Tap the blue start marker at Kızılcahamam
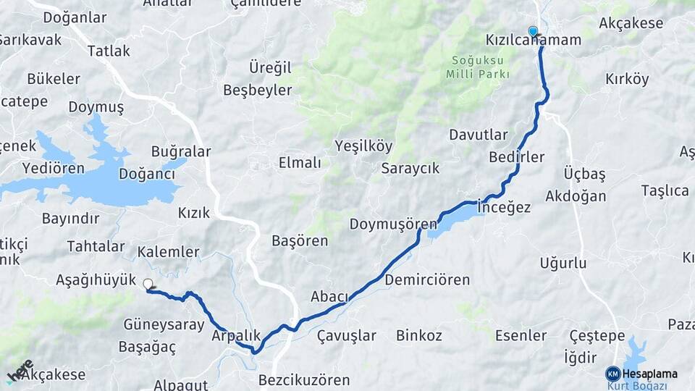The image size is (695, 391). pyautogui.click(x=533, y=31)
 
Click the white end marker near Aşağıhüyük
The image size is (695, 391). pyautogui.click(x=148, y=285)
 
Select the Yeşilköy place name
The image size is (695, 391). pyautogui.click(x=363, y=146)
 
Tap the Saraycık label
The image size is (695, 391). pyautogui.click(x=410, y=168)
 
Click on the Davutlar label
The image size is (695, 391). pyautogui.click(x=479, y=135)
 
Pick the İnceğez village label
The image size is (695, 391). pyautogui.click(x=505, y=208)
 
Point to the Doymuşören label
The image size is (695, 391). pyautogui.click(x=393, y=224)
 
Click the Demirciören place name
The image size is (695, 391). pyautogui.click(x=427, y=279)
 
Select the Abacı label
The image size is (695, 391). pyautogui.click(x=329, y=296)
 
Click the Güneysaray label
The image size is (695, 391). pyautogui.click(x=164, y=324)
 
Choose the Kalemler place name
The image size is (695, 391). pyautogui.click(x=168, y=252)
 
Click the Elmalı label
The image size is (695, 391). pyautogui.click(x=300, y=163)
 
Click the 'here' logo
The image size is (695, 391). pyautogui.click(x=20, y=371)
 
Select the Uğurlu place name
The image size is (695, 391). pyautogui.click(x=563, y=263)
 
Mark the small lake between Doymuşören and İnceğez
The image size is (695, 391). pyautogui.click(x=452, y=220)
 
